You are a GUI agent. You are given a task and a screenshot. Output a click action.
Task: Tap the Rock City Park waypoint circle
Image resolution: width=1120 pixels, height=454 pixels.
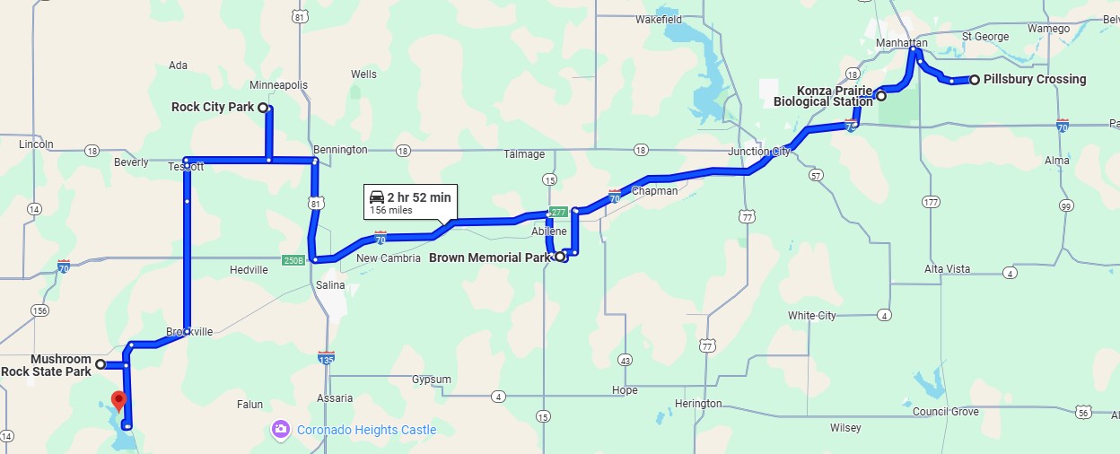pyautogui.click(x=263, y=108)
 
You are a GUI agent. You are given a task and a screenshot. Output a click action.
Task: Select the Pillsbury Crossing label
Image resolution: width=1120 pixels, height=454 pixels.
pyautogui.click(x=1034, y=79)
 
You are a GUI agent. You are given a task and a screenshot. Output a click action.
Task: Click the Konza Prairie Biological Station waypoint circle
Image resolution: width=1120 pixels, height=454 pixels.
pyautogui.click(x=881, y=96)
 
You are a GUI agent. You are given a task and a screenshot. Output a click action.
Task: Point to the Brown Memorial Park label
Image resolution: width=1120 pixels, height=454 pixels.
pyautogui.click(x=489, y=258)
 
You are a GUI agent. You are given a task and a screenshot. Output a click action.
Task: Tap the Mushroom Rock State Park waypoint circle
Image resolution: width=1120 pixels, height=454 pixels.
pyautogui.click(x=101, y=364)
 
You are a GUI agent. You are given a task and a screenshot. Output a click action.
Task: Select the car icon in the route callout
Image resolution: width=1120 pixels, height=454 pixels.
pyautogui.click(x=377, y=197)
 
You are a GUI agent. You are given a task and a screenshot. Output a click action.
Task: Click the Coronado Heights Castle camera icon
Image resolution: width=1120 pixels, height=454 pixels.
pyautogui.click(x=281, y=430)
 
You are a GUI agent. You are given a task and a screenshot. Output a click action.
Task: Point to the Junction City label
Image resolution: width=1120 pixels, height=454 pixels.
pyautogui.click(x=758, y=151)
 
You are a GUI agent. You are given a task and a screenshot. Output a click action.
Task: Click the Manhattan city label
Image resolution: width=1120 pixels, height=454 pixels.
pyautogui.click(x=903, y=43)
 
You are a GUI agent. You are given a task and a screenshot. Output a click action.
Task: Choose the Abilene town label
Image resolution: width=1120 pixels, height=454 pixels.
pyautogui.click(x=549, y=231)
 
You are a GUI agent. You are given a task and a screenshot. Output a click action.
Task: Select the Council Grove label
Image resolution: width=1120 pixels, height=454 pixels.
pyautogui.click(x=945, y=411)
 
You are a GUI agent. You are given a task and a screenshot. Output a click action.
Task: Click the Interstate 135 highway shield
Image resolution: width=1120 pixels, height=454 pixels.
pyautogui.click(x=326, y=358)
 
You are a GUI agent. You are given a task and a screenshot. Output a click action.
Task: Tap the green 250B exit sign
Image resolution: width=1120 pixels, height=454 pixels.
pyautogui.click(x=293, y=260)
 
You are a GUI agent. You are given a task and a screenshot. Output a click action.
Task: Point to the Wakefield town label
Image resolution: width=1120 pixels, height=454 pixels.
pyautogui.click(x=658, y=19)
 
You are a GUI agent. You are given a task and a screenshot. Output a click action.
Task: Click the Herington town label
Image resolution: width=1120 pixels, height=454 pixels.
pyautogui.click(x=697, y=404)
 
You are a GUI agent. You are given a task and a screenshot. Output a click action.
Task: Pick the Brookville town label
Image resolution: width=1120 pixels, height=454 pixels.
pyautogui.click(x=189, y=331)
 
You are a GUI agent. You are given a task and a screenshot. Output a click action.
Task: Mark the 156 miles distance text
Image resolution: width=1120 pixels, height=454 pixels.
pyautogui.click(x=391, y=211)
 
